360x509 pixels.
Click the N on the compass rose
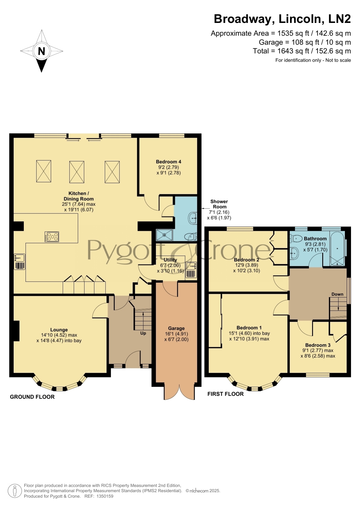click(x=41, y=51)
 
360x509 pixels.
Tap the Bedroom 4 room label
click(x=169, y=162)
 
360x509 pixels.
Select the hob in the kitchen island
click(x=52, y=237)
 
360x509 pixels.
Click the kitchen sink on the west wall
click(x=19, y=262)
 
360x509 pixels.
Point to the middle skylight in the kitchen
click(x=77, y=172)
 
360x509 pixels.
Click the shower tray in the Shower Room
click(x=164, y=235)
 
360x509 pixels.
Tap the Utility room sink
click(x=191, y=270)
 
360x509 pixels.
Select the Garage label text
click(x=176, y=328)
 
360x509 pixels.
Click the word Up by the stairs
click(x=143, y=334)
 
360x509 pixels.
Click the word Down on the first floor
click(x=337, y=294)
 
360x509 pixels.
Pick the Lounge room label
click(x=59, y=330)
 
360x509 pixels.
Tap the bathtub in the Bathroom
click(x=338, y=249)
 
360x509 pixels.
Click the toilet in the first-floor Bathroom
click(x=296, y=238)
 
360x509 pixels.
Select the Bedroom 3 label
click(x=318, y=345)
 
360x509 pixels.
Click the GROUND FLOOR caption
click(x=32, y=397)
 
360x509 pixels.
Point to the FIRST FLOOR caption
click(x=225, y=394)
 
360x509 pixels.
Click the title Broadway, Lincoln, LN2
click(x=282, y=19)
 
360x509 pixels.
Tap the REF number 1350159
click(x=104, y=496)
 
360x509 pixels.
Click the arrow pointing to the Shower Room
click(x=206, y=208)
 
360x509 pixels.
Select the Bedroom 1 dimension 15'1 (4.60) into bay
click(x=249, y=334)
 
